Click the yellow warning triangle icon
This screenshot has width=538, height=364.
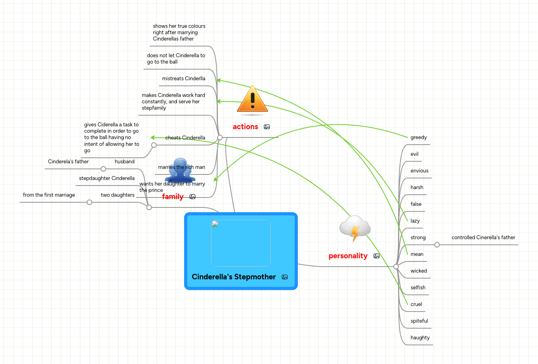pyautogui.click(x=252, y=100)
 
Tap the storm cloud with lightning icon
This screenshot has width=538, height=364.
pyautogui.click(x=355, y=228)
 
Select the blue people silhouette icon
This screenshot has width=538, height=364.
pyautogui.click(x=180, y=170)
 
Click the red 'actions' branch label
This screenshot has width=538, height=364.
pyautogui.click(x=245, y=127)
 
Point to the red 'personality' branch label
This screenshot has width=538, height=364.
pyautogui.click(x=348, y=256)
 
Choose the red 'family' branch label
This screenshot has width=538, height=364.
pyautogui.click(x=173, y=197)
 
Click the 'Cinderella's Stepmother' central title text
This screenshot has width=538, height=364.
pyautogui.click(x=233, y=277)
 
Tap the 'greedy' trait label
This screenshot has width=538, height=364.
pyautogui.click(x=418, y=137)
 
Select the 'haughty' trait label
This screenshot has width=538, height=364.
pyautogui.click(x=420, y=338)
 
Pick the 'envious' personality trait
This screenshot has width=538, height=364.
pyautogui.click(x=419, y=171)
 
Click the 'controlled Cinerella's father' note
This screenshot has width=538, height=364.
pyautogui.click(x=483, y=238)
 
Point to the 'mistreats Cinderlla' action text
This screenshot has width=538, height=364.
pyautogui.click(x=183, y=79)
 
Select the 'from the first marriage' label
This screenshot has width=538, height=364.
pyautogui.click(x=49, y=195)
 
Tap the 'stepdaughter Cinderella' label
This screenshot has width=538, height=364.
pyautogui.click(x=107, y=178)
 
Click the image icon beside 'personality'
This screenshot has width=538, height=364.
pyautogui.click(x=376, y=256)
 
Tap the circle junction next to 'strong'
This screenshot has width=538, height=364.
pyautogui.click(x=437, y=245)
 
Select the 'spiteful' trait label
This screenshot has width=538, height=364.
pyautogui.click(x=419, y=321)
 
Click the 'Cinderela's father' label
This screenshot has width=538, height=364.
pyautogui.click(x=68, y=162)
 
